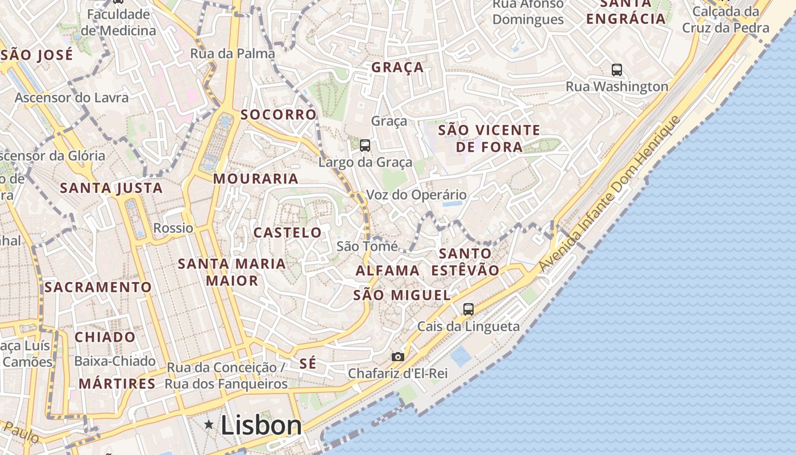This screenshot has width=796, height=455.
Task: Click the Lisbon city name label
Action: click(261, 425)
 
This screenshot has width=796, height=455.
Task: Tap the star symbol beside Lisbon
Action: click(209, 424)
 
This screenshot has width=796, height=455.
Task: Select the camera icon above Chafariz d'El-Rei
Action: click(398, 357)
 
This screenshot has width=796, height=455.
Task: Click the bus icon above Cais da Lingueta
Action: click(468, 309)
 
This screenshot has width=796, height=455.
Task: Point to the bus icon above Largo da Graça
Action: click(365, 145)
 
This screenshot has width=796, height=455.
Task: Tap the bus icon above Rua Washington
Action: click(617, 69)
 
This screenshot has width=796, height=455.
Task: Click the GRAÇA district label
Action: click(397, 67)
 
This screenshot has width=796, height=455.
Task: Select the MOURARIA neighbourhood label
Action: click(255, 179)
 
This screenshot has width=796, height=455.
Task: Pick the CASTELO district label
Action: click(287, 232)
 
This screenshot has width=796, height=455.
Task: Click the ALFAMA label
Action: click(388, 271)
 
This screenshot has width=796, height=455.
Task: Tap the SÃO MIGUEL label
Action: click(401, 295)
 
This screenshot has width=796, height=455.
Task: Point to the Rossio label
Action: click(173, 228)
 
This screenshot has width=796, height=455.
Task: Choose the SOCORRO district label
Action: click(278, 114)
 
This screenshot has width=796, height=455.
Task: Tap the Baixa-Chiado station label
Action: click(115, 361)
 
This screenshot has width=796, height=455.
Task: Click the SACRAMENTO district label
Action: click(98, 287)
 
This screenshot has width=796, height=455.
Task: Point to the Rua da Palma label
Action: click(233, 53)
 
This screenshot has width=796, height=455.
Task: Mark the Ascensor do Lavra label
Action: click(72, 97)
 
